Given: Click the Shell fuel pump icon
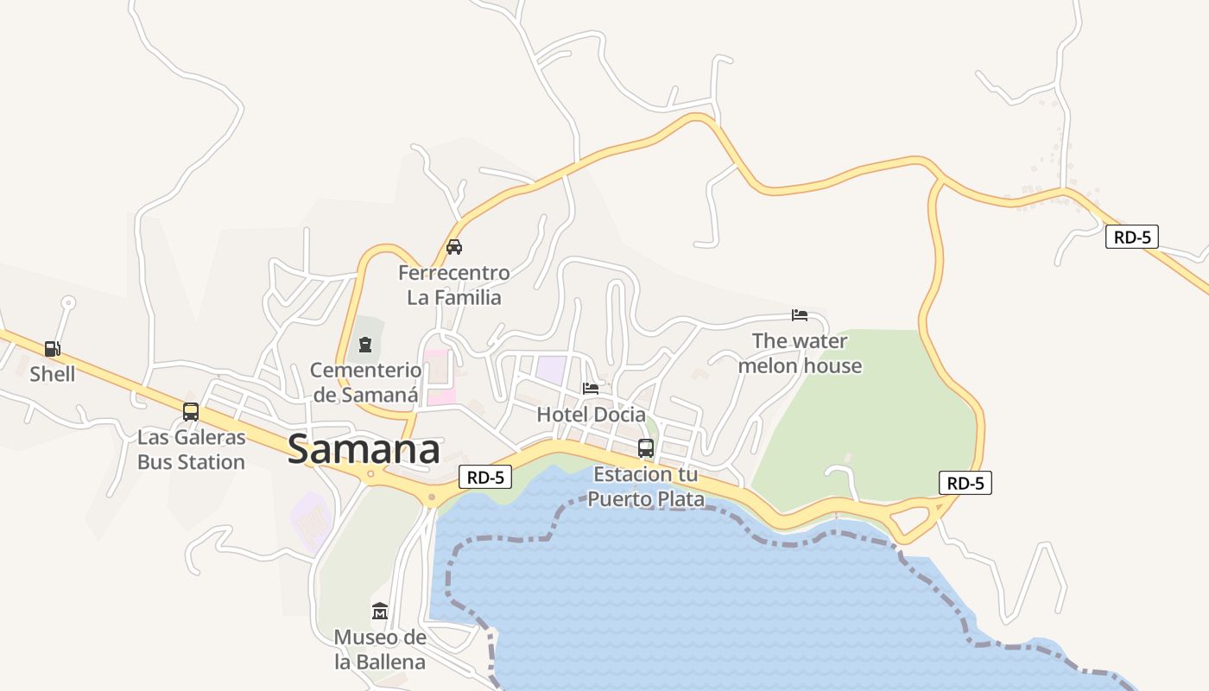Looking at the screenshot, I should coord(53,349).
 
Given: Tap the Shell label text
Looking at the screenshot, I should coord(53,374).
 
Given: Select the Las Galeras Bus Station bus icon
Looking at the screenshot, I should coord(191,412).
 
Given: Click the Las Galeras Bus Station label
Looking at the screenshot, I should coord(191,449).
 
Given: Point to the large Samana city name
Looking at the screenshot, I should coord(364,450).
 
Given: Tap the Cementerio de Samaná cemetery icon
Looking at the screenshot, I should coord(365,345).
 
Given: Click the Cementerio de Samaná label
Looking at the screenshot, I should coord(365,383).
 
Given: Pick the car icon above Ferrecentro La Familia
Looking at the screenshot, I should coord(454,247).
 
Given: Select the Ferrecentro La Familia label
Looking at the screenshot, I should coord(454,285).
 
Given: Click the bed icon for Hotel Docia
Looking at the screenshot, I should coord(591,388).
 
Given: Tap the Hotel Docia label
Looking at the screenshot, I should coord(591,415).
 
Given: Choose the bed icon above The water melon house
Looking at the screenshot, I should coord(800,315).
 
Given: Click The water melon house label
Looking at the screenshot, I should coord(800,353).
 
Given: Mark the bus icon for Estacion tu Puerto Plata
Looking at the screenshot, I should coord(646,448).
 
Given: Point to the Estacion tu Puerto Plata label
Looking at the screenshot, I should coord(646,487).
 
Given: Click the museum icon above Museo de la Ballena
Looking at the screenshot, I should coord(380,612).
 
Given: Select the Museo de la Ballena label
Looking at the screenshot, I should coord(380,650).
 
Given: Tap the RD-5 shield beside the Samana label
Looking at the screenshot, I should coord(485,476).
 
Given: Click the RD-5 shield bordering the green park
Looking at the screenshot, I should coord(965,484).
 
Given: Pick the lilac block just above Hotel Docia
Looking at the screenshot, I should coord(551,369).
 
